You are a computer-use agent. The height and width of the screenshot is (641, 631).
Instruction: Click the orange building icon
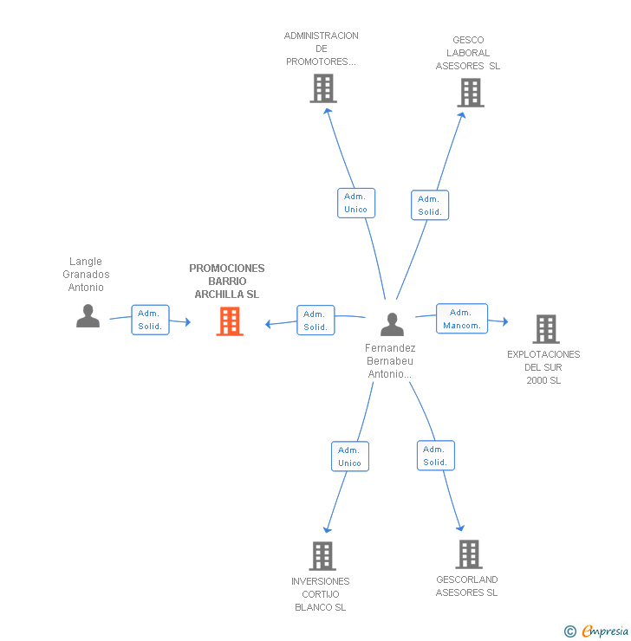[x=230, y=321]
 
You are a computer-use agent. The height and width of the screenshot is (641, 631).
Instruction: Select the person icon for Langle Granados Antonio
[x=88, y=315]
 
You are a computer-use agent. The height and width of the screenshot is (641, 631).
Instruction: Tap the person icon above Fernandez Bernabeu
[x=392, y=325]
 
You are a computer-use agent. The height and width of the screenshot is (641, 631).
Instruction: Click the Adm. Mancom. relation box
[x=462, y=319]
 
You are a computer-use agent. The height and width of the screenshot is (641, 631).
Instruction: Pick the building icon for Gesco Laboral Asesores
[x=471, y=93]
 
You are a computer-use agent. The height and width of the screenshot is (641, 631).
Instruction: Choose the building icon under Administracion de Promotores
[x=323, y=88]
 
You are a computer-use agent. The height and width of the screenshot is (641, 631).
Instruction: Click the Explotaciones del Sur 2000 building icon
[x=546, y=329]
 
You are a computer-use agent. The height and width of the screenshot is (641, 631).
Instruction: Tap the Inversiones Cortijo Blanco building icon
[x=322, y=556]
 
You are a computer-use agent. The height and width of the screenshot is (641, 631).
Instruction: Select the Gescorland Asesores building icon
[x=469, y=554]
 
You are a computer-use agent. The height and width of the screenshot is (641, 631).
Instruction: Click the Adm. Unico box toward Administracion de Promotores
[x=356, y=204]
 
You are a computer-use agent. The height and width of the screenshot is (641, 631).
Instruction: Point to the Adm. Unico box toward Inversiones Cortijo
[x=350, y=456]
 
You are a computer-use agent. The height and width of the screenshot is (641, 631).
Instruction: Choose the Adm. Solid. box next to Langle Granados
[x=150, y=320]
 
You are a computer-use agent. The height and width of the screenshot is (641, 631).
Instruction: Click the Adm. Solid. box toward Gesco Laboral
[x=430, y=205]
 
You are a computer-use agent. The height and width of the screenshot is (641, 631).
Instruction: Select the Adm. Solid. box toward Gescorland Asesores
[x=436, y=456]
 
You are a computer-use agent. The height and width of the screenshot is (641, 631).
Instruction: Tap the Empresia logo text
[x=605, y=631]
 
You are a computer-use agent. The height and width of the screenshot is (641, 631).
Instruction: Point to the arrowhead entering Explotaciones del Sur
[x=505, y=321]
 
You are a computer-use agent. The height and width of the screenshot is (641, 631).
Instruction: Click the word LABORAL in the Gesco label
[x=468, y=53]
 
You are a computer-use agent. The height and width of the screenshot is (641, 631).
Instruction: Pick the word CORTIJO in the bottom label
[x=320, y=594]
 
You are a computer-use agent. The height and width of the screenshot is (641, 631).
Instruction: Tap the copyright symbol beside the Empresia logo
[x=570, y=631]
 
